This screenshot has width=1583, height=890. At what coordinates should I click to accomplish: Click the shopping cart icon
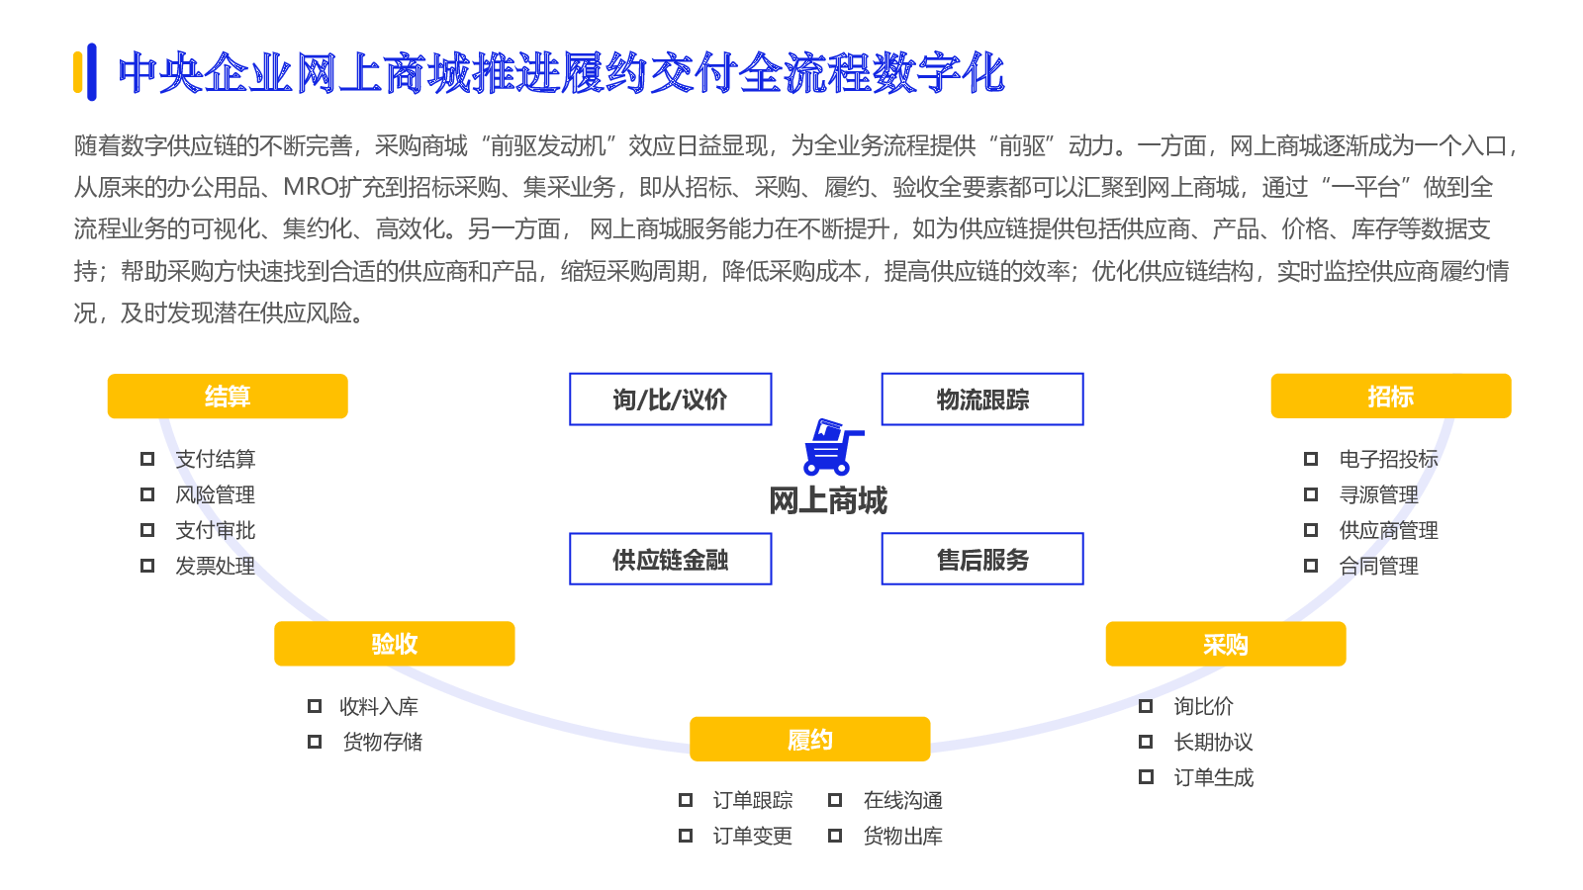[x=832, y=446]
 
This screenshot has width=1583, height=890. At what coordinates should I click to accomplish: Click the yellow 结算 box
[x=228, y=397]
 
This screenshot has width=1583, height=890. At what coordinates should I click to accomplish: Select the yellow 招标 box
[x=1391, y=397]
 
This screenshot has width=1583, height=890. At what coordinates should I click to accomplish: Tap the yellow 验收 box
[x=395, y=644]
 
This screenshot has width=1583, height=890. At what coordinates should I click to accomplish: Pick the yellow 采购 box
[x=1226, y=644]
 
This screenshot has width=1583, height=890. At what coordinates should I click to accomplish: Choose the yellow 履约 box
[x=810, y=740]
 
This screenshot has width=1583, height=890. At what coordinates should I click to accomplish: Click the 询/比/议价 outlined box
[x=671, y=400]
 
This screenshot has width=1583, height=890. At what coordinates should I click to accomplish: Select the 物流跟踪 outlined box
[x=982, y=400]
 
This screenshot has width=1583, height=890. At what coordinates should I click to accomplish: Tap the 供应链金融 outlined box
[x=671, y=559]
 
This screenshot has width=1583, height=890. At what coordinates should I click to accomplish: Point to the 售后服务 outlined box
[x=982, y=559]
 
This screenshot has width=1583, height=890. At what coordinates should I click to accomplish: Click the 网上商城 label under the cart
[x=827, y=500]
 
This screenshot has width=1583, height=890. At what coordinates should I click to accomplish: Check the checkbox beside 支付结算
[x=147, y=459]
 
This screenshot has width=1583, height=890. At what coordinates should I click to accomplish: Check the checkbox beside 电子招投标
[x=1310, y=459]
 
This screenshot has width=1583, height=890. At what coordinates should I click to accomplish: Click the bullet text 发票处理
[x=215, y=566]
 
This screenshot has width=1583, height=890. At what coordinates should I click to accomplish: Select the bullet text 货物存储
[x=382, y=742]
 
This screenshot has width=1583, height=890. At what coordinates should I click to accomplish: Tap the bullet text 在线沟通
[x=902, y=800]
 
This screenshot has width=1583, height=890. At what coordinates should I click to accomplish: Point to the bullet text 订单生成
[x=1213, y=777]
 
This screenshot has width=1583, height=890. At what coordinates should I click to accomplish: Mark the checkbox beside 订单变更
[x=685, y=836]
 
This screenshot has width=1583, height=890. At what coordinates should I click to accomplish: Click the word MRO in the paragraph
[x=311, y=187]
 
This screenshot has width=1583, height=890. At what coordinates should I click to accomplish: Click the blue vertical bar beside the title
[x=92, y=72]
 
